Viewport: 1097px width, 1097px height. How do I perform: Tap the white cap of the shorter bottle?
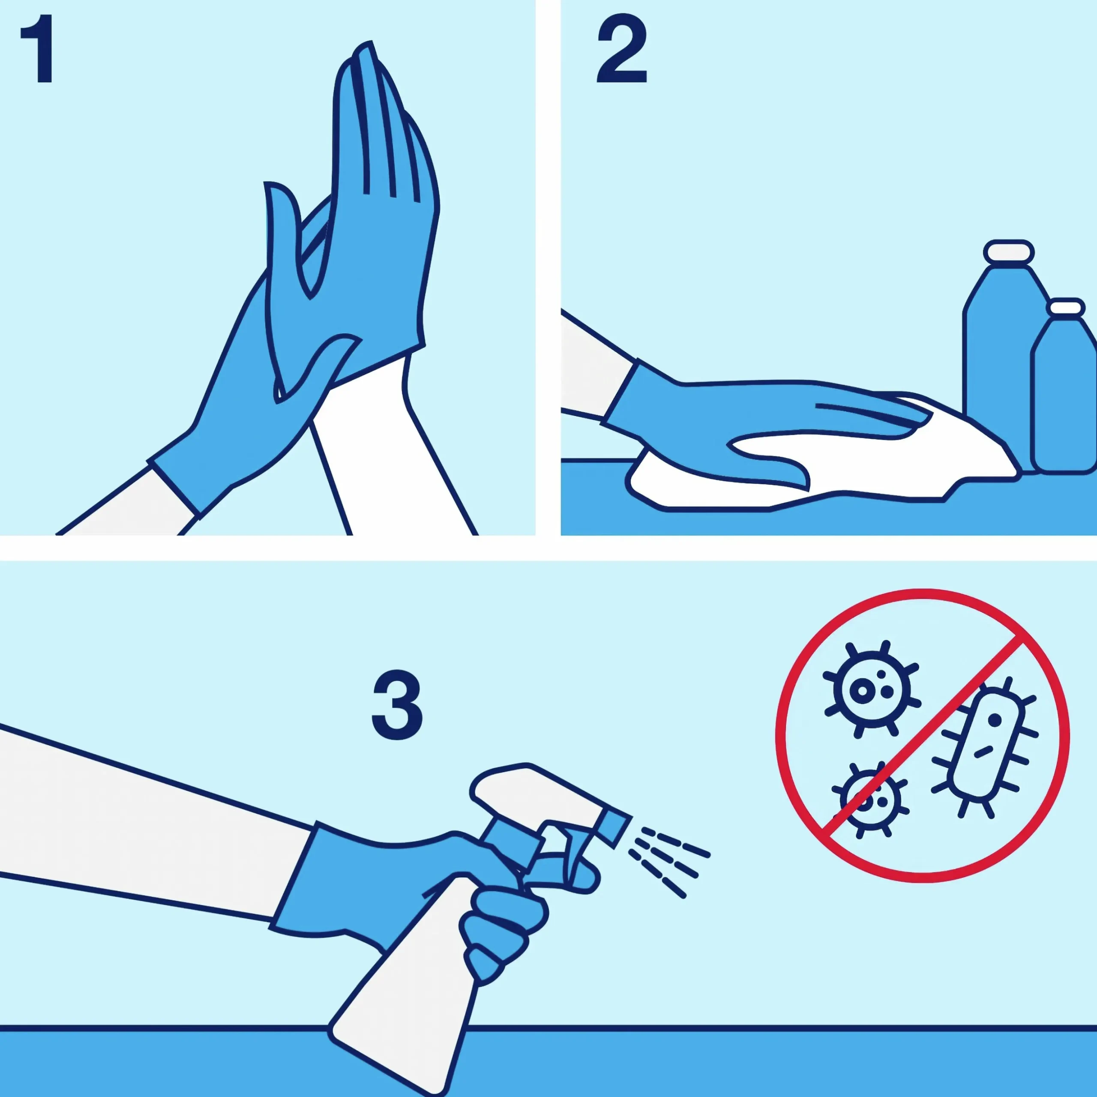[x=1066, y=307]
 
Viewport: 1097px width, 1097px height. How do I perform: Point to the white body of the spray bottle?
[x=409, y=999]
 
